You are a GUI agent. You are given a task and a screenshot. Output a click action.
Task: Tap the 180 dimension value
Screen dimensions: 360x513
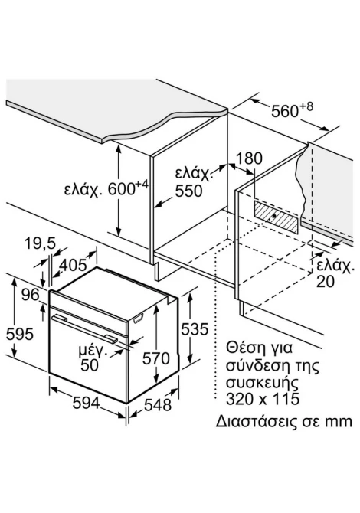point(249,158)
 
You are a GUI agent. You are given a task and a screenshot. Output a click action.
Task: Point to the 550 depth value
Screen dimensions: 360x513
point(188,191)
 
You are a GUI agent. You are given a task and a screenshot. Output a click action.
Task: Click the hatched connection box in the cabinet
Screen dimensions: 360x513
point(276,217)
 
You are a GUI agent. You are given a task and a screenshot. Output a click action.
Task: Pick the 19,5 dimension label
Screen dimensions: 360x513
point(41,243)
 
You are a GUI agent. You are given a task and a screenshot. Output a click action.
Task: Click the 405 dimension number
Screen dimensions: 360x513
point(74,265)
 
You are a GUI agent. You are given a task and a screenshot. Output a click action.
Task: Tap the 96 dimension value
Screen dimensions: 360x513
point(31,295)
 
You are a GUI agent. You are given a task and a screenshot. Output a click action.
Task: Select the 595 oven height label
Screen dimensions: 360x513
point(20,334)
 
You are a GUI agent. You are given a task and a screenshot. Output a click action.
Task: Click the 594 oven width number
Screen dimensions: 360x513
point(86,403)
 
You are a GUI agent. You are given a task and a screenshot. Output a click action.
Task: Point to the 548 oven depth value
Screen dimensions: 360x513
point(158,405)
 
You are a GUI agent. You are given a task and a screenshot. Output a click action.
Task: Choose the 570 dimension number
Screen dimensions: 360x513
point(155,358)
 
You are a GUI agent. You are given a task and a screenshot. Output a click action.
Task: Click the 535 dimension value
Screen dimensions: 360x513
point(195,329)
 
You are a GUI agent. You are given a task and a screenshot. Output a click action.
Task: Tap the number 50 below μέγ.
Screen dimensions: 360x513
point(90,365)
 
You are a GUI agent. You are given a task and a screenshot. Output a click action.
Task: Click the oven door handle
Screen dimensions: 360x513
point(84,328)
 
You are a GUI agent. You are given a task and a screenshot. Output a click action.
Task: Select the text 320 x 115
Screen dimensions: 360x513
point(263,399)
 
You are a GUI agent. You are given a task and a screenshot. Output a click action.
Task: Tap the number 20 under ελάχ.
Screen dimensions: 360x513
point(325,281)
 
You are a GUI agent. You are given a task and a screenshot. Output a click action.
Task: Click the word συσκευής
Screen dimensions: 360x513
point(263,383)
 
